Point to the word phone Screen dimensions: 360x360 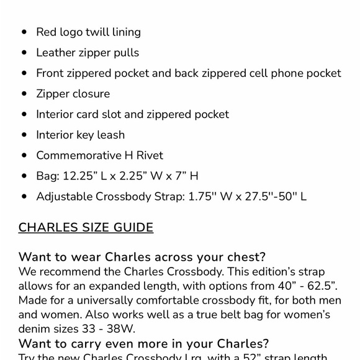click(287, 73)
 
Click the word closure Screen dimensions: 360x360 click(90, 94)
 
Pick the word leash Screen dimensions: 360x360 click(110, 135)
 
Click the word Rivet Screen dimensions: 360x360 click(146, 155)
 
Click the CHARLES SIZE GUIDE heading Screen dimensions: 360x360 click(86, 227)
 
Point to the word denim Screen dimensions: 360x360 click(36, 329)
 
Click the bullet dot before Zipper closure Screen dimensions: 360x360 click(24, 94)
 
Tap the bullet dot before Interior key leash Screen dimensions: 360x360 click(24, 135)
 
